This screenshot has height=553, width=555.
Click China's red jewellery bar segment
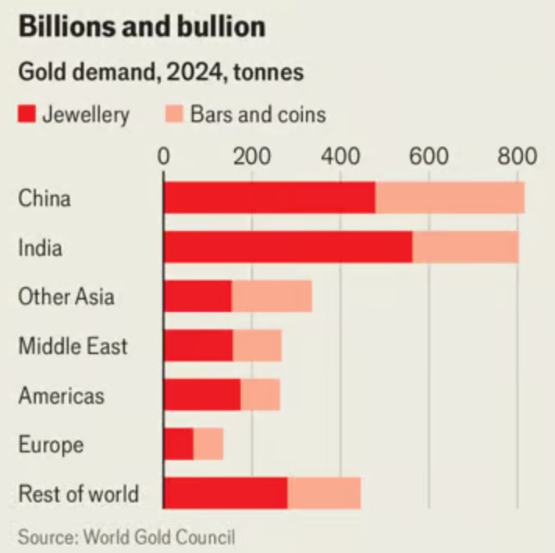pos(269,198)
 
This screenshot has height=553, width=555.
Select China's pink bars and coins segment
pos(450,198)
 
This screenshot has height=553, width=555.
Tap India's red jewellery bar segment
pos(288,247)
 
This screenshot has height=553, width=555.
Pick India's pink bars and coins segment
pos(465,247)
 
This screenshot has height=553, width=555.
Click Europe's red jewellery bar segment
pos(179,445)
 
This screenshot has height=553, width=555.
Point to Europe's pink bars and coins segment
pos(208,445)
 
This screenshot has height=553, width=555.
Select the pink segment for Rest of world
pos(324,494)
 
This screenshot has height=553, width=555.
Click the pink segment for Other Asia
pos(272,296)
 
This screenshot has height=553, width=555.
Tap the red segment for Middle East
pos(198,346)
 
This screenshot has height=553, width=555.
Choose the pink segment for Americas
pos(260,395)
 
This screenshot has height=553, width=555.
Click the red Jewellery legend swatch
pos(27,115)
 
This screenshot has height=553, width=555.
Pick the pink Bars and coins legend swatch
pos(173,115)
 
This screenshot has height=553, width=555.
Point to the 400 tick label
pos(340,156)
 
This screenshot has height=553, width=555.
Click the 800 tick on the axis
pos(517,156)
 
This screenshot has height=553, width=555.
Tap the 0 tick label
pos(164,156)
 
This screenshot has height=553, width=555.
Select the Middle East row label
pos(73,346)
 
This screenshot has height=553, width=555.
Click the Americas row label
pos(61,395)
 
